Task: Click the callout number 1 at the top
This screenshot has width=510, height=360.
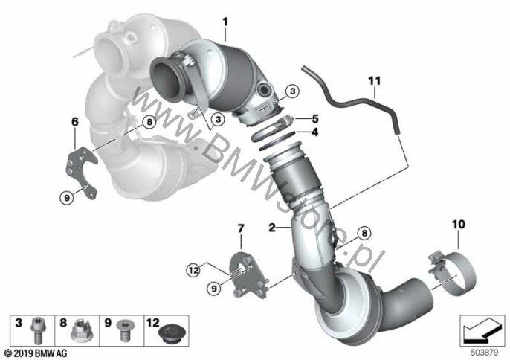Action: pos(225,22)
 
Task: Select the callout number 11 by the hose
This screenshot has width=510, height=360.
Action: pos(375,80)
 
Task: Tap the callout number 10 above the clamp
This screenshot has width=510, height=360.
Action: pos(458,224)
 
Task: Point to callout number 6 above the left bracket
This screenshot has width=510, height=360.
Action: pos(75,122)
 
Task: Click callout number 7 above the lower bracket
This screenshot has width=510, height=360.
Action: pos(240,228)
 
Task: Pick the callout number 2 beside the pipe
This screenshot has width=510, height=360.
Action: pos(272,227)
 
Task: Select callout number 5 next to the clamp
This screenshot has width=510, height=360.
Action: pos(315,119)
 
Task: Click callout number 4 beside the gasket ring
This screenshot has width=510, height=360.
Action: pos(315,132)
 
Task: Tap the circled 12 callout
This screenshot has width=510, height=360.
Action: pos(194,270)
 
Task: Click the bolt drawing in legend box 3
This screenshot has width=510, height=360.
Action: pos(37,330)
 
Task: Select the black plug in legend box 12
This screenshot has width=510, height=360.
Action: pos(169,334)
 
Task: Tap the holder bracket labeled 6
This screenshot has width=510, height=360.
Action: pos(81,171)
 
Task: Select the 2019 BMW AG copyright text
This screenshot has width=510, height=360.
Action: pos(36,353)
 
